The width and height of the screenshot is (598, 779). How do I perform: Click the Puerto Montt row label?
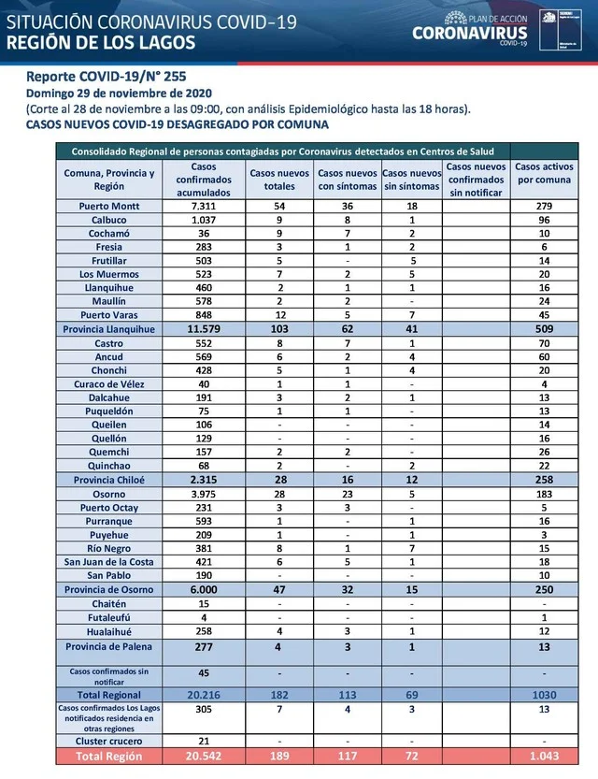[109, 205]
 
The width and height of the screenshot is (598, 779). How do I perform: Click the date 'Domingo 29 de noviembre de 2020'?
[119, 93]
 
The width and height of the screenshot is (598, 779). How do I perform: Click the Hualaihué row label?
[109, 632]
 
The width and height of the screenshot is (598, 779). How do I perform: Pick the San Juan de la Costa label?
[109, 561]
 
